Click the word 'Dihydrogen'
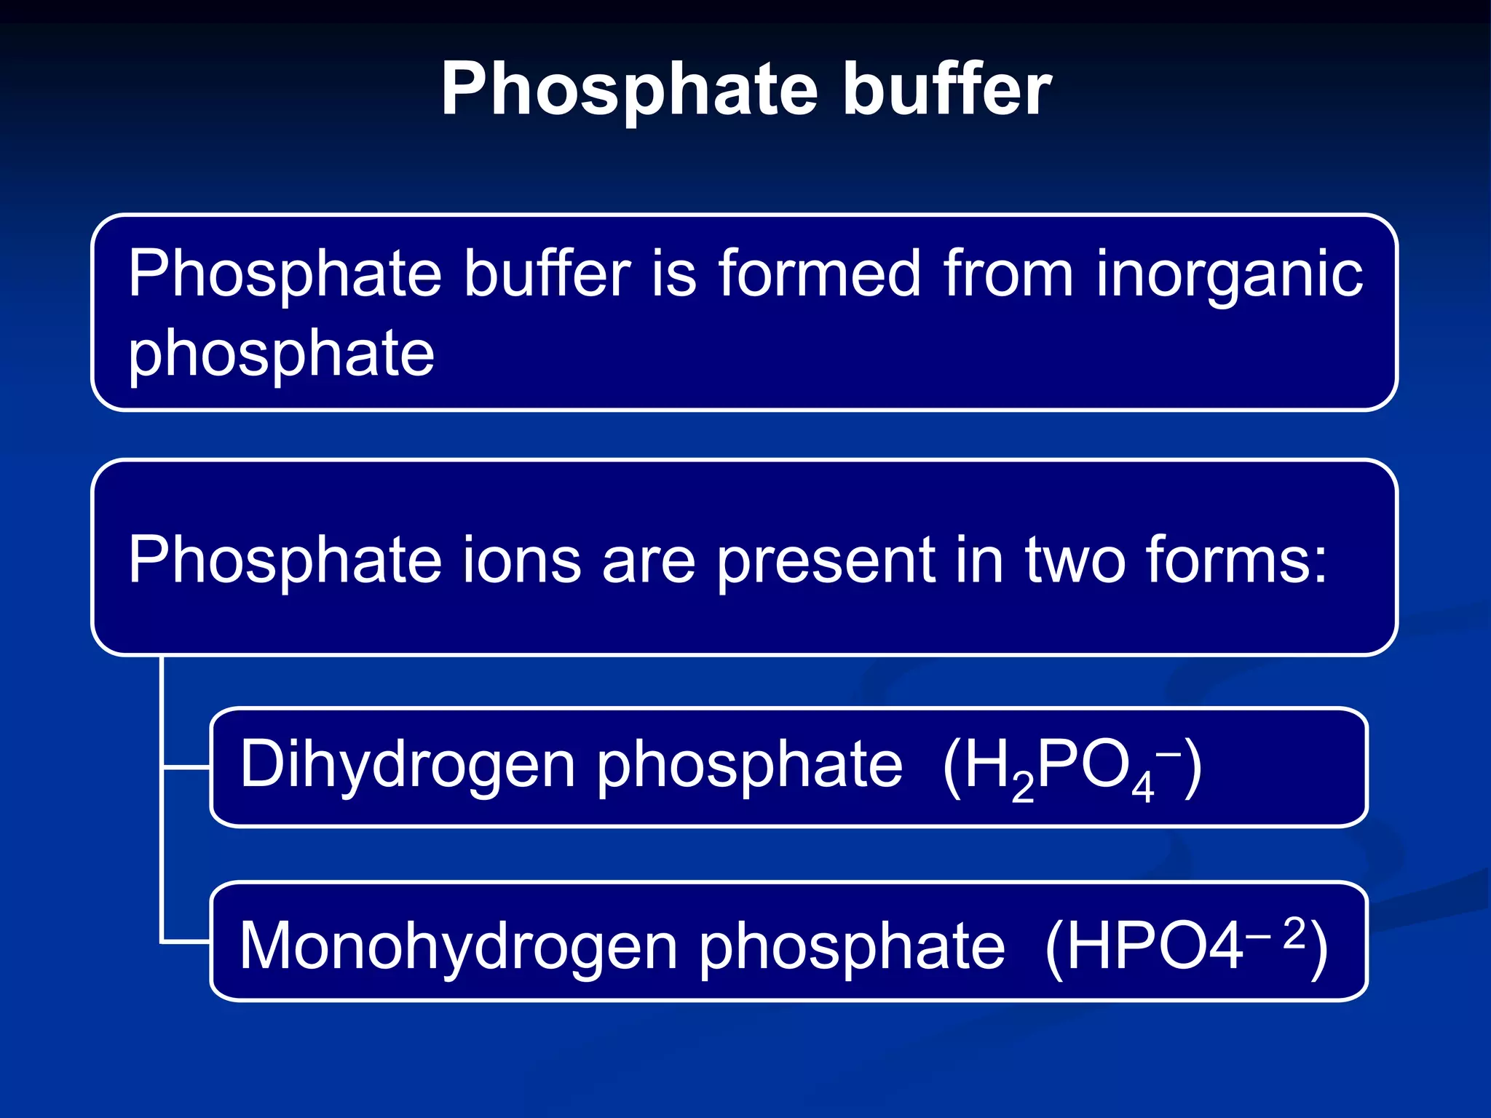(x=407, y=766)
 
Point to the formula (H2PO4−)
(x=1071, y=769)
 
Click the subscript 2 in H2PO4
(x=1022, y=788)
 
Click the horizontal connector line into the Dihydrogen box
(x=186, y=767)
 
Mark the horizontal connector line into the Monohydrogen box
(x=186, y=943)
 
